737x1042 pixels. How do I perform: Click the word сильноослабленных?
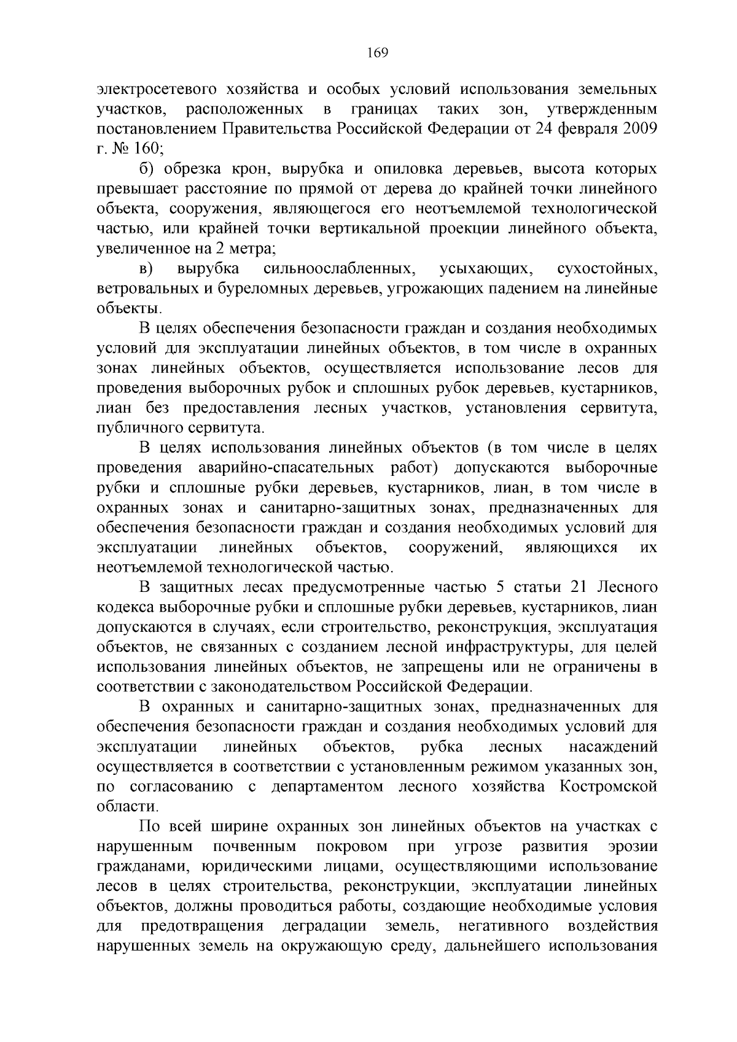337,269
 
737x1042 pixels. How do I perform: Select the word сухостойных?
607,269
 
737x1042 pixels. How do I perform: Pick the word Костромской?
609,787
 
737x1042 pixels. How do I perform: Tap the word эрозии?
633,846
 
